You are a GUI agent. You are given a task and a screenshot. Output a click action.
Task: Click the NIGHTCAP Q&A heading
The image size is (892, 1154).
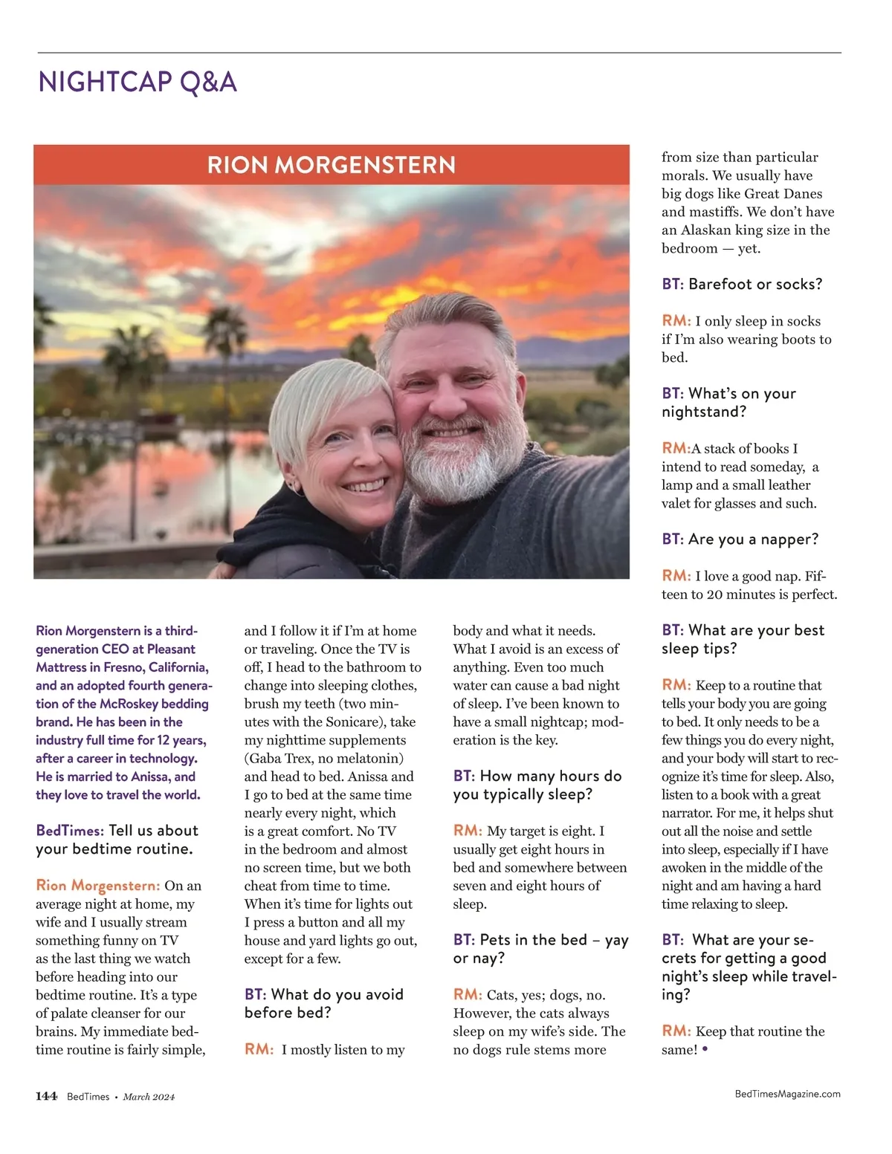pyautogui.click(x=138, y=82)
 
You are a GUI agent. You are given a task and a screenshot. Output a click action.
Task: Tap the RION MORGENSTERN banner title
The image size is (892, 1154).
pyautogui.click(x=332, y=165)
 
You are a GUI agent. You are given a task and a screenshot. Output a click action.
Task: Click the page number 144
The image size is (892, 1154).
pyautogui.click(x=46, y=1096)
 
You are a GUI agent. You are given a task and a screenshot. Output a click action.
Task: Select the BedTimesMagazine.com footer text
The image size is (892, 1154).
pyautogui.click(x=787, y=1094)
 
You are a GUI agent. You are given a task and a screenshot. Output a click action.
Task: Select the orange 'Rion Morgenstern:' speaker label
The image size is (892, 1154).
pyautogui.click(x=98, y=885)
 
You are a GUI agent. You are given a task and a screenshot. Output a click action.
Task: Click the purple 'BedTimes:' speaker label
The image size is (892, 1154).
pyautogui.click(x=70, y=831)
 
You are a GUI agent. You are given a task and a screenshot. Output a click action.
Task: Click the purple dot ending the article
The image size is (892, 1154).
pyautogui.click(x=705, y=1049)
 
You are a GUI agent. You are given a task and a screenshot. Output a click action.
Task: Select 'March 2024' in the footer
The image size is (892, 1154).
pyautogui.click(x=149, y=1097)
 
